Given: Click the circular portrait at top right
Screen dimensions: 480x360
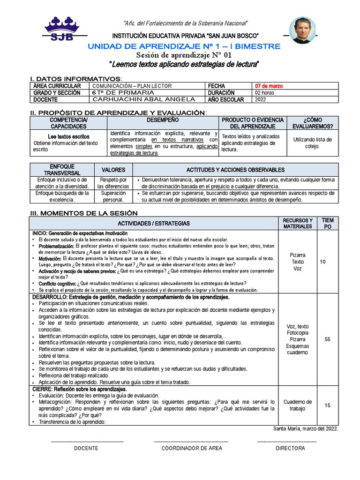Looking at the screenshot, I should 302,30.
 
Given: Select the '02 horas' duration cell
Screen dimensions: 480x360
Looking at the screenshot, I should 264,93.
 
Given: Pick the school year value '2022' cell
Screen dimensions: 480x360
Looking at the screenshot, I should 261,99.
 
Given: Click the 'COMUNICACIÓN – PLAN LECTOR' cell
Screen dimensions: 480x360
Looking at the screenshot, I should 132,86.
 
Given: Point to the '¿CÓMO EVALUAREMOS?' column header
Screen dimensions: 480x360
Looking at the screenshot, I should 312,123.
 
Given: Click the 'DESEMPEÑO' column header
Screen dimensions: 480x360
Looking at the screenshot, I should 163,120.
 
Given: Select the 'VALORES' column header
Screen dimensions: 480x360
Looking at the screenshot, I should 113,170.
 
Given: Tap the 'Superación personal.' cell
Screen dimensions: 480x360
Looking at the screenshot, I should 113,196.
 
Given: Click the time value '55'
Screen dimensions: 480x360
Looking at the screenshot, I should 328,339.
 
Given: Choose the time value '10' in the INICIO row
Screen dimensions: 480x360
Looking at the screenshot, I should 322,262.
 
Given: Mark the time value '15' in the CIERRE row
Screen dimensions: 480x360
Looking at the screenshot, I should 328,405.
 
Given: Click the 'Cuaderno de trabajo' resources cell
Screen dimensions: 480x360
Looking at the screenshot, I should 298,405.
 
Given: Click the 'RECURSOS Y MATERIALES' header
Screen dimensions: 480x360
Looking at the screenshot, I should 298,223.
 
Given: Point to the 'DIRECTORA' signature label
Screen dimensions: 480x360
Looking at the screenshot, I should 290,448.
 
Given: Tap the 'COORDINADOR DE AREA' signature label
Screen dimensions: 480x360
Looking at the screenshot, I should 192,448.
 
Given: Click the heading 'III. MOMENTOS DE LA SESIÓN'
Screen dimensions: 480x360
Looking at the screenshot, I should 77,212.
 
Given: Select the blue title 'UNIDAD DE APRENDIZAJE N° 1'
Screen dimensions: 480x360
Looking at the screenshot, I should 184,46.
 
